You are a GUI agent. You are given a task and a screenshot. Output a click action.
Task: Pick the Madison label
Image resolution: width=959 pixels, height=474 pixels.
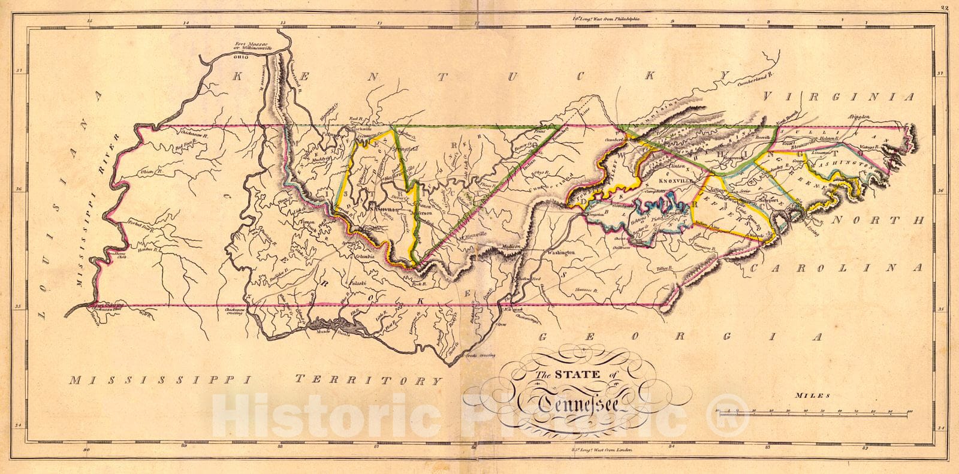tap(508, 246)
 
